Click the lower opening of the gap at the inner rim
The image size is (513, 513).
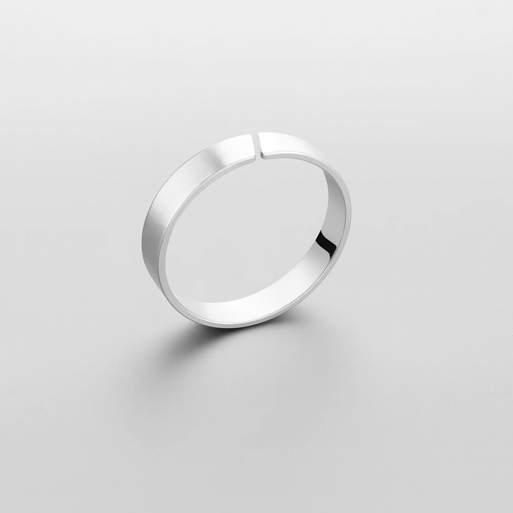pyautogui.click(x=258, y=156)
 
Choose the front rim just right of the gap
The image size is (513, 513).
pyautogui.click(x=271, y=156)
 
